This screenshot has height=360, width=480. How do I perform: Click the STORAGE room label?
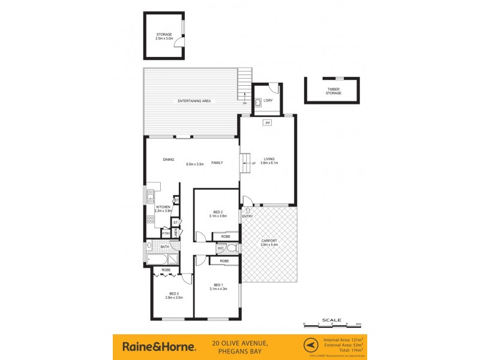coord(164,34)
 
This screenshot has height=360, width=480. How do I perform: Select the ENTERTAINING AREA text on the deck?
coord(194,101)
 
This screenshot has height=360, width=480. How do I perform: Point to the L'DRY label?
coord(268,100)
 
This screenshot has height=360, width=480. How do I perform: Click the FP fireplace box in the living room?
coord(268,123)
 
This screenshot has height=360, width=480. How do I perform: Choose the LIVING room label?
coord(268,159)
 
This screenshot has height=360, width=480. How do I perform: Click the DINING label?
coord(169,160)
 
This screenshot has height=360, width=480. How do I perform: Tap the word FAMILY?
coord(217,163)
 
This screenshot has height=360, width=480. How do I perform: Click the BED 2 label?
coord(218,212)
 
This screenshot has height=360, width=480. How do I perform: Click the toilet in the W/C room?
coord(232,247)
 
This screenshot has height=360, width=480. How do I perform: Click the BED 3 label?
coord(173,293)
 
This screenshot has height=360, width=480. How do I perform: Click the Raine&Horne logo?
coord(158,346)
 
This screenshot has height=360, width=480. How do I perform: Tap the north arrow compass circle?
coord(310,346)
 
